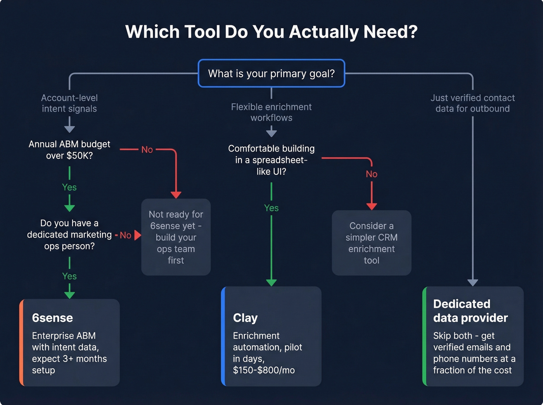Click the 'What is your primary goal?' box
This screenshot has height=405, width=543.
(271, 73)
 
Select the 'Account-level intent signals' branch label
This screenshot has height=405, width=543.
(69, 103)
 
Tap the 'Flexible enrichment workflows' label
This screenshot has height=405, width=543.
(271, 112)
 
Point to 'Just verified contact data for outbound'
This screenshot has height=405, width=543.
(472, 103)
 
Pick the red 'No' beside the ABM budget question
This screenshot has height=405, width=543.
(147, 150)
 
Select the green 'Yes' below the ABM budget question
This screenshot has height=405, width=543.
(69, 187)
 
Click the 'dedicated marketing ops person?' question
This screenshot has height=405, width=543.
(69, 234)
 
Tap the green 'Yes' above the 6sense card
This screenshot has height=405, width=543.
(69, 276)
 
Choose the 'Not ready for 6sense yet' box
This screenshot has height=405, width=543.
(176, 237)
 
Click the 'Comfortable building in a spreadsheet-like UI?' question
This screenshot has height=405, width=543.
(271, 160)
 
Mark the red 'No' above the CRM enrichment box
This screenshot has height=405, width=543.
(372, 174)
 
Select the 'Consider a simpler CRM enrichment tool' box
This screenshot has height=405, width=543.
(372, 243)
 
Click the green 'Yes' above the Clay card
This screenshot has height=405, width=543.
(271, 208)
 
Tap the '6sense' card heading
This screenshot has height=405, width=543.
(52, 318)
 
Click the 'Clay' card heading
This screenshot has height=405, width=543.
(245, 318)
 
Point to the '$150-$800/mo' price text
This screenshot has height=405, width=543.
(264, 370)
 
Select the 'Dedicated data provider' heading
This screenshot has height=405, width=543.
(470, 311)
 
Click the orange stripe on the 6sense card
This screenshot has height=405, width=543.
(22, 343)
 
